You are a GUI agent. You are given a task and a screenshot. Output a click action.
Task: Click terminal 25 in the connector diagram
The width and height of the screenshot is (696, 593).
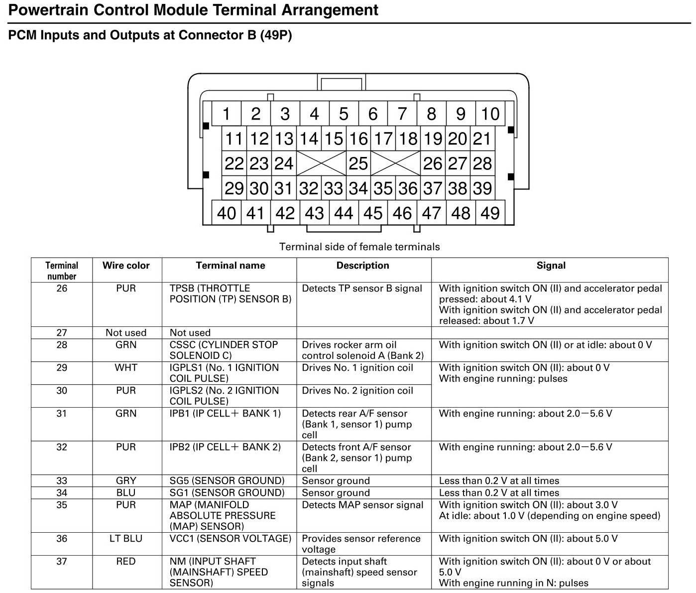pos(358,163)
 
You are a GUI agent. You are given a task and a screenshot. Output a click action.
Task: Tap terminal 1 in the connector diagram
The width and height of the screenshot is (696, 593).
pos(226,114)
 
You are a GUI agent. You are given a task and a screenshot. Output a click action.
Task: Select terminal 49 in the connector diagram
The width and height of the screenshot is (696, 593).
pos(490,213)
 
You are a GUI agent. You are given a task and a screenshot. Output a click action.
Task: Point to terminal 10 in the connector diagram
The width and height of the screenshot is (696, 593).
pos(490,114)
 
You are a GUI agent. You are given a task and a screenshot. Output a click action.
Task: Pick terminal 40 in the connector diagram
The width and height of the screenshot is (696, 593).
pos(226,213)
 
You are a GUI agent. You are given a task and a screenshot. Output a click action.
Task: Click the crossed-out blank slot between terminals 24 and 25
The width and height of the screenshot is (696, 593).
pos(321,163)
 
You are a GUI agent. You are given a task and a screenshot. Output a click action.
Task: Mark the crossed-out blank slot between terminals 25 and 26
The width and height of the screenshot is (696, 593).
pos(395,163)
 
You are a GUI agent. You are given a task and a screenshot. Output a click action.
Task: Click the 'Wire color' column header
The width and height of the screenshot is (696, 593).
pos(126,266)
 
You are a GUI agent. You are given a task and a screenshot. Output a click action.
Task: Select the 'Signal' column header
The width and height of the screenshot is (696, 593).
pos(551,266)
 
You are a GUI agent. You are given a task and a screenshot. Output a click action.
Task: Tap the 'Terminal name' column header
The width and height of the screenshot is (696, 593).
pos(230,266)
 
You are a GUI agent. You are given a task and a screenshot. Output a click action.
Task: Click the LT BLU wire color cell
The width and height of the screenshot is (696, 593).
pos(126,539)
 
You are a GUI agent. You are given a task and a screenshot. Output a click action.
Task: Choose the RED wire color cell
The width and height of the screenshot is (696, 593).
pos(126,562)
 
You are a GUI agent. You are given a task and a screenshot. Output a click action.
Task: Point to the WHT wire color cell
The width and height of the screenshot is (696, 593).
pos(126,368)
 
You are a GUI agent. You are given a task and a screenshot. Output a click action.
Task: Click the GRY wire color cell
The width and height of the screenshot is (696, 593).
pos(126,481)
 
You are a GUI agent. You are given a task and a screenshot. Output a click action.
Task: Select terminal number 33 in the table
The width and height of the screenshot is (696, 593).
pos(61,481)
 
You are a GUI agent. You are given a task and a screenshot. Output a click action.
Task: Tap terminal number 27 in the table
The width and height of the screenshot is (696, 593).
pos(61,333)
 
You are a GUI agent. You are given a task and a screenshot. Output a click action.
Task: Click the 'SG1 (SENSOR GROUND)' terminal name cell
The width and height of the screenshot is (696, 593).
pos(227,493)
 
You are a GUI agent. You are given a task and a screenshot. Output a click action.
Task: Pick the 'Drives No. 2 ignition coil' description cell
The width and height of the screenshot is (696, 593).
pos(357,391)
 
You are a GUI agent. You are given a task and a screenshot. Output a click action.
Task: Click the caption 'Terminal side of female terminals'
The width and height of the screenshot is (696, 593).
pos(359,247)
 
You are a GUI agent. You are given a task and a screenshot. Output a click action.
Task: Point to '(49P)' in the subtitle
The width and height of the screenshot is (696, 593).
pos(276,35)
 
